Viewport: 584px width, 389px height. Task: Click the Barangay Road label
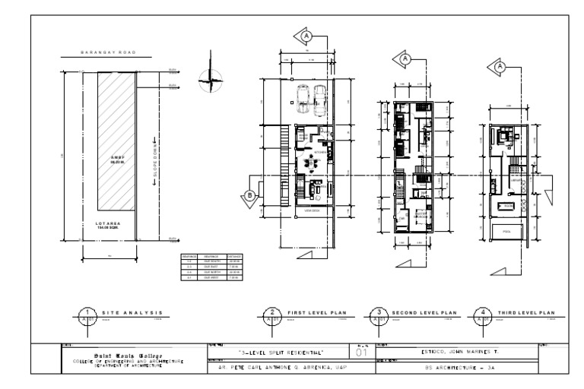[x=107, y=53]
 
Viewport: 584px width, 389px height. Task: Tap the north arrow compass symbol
[x=208, y=77]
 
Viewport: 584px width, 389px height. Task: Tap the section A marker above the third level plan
[x=500, y=67]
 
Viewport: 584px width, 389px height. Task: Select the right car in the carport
[x=319, y=95]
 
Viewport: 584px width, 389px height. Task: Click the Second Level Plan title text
[x=423, y=312]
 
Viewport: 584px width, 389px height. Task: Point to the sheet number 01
[x=362, y=353]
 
